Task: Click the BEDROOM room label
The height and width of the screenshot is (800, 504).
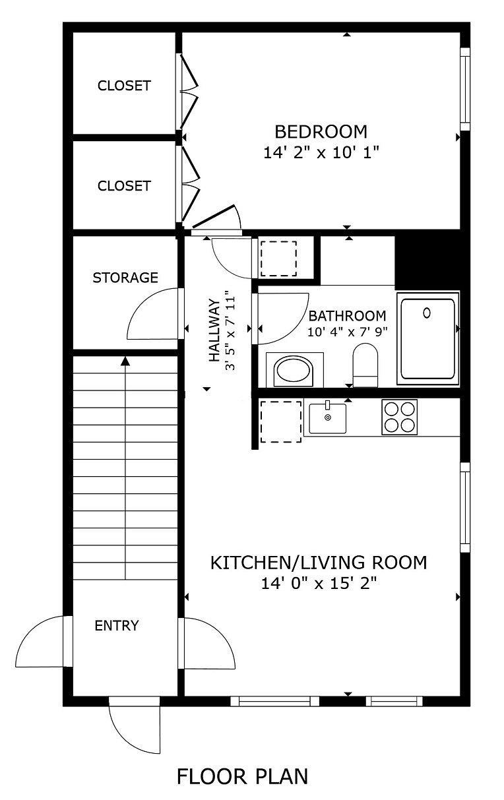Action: (x=321, y=132)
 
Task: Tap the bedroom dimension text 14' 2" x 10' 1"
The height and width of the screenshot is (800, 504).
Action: (x=321, y=152)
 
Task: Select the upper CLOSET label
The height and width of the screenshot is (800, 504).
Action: (x=124, y=86)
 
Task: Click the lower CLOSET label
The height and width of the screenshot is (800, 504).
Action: (x=124, y=186)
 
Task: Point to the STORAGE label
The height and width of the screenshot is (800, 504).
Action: (x=125, y=278)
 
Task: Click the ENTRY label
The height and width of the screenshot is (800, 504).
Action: (x=117, y=625)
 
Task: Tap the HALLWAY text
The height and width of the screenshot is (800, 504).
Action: (x=214, y=330)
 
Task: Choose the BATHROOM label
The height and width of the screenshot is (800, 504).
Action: (x=347, y=316)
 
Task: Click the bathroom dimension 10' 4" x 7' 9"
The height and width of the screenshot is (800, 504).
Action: (x=347, y=332)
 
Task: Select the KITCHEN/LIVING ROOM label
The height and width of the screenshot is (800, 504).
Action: (x=319, y=563)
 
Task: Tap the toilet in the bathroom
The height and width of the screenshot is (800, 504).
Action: (x=365, y=365)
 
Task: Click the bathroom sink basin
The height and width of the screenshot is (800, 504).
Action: (x=294, y=371)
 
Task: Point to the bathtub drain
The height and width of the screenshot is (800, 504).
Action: (x=427, y=313)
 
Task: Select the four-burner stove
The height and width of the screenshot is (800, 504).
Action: (x=399, y=417)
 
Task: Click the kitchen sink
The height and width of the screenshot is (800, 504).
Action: (x=328, y=418)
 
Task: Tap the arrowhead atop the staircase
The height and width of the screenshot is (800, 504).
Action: (x=125, y=361)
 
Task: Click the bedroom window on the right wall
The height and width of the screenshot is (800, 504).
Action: (x=464, y=89)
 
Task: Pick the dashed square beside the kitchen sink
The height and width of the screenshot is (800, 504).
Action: (x=281, y=422)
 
